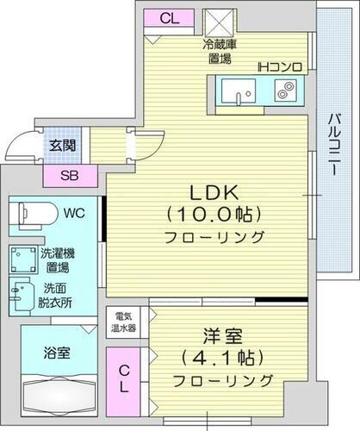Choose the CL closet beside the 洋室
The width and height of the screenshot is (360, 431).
click(x=125, y=378)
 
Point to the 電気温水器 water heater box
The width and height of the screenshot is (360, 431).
click(x=124, y=321)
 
